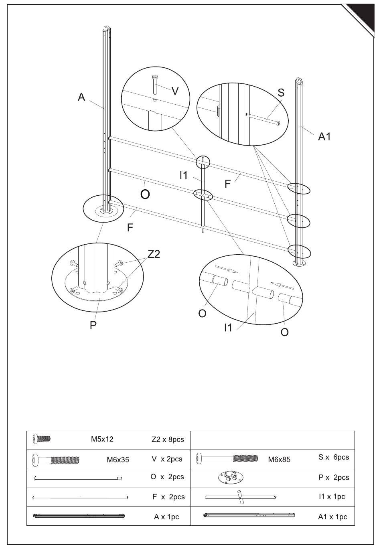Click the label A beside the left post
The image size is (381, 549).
[81, 97]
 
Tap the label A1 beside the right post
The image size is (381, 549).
[324, 137]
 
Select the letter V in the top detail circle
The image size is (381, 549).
[175, 91]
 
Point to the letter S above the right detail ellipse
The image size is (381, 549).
[281, 93]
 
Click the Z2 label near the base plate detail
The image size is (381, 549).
[154, 254]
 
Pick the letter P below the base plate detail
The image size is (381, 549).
[93, 325]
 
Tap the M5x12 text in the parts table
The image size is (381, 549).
[102, 439]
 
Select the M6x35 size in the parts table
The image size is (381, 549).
[118, 460]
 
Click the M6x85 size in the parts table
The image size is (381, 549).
[279, 460]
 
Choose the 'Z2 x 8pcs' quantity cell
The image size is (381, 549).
[168, 440]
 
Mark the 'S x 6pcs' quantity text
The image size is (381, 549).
[334, 457]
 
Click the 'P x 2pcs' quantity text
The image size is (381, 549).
[334, 478]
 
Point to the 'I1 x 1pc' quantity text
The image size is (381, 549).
[332, 496]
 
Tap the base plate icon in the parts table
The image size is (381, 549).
[231, 477]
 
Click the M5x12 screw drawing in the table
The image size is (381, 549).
[41, 438]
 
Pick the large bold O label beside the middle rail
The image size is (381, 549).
[145, 194]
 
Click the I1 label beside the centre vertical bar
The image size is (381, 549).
[184, 175]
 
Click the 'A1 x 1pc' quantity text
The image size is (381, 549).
[332, 517]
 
